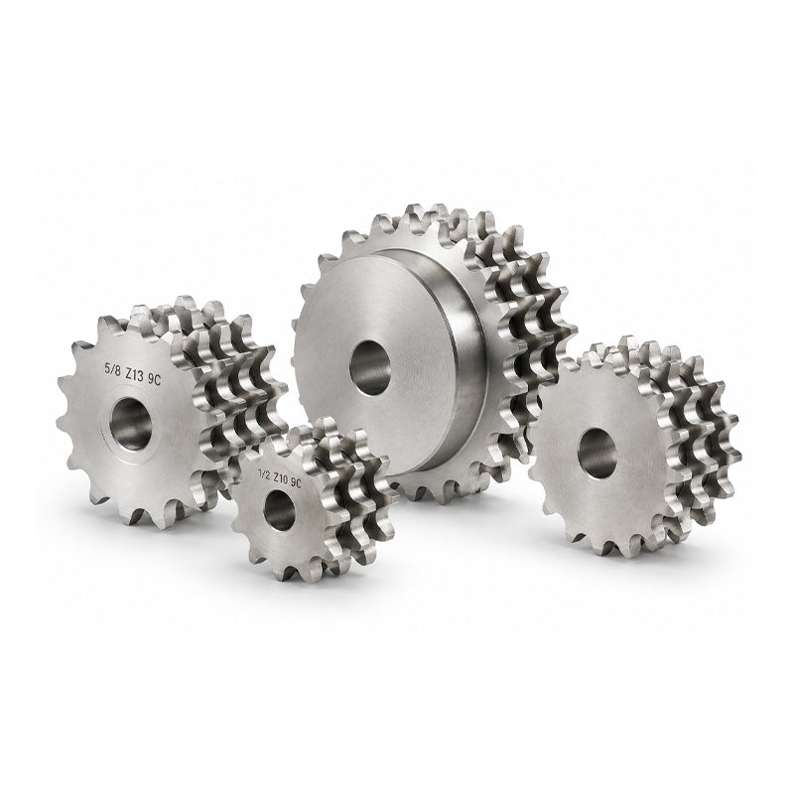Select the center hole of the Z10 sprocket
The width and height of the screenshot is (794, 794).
[x=279, y=510]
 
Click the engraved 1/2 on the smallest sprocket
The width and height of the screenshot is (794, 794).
[x=264, y=474]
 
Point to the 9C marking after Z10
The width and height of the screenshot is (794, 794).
[x=296, y=483]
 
